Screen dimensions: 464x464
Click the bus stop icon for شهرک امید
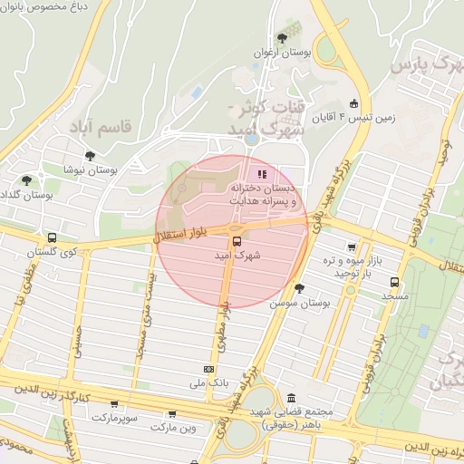[x=237, y=241]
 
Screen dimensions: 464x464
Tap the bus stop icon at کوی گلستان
[x=51, y=237]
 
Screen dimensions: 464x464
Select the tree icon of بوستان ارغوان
[x=282, y=39]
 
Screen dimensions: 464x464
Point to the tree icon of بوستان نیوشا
[x=90, y=155]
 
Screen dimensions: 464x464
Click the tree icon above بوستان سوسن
[x=300, y=288]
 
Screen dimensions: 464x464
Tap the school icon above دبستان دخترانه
[x=262, y=174]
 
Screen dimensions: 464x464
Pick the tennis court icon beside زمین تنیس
[x=353, y=104]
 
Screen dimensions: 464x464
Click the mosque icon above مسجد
[x=395, y=282]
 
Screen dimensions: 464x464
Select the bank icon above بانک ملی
[x=209, y=369]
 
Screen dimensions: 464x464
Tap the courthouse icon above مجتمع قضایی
[x=291, y=399]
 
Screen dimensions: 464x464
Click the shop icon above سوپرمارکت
[x=114, y=404]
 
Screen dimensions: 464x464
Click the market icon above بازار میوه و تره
[x=351, y=246]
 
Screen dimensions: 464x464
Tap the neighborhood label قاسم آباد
[x=101, y=127]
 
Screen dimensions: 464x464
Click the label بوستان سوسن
[x=297, y=304]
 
